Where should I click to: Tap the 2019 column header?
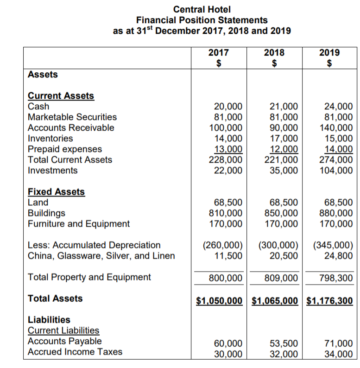(x=329, y=52)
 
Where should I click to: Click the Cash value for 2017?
(x=227, y=106)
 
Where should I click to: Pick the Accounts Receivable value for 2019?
(x=336, y=127)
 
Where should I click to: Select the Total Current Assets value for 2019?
(x=336, y=160)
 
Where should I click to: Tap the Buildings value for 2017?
(x=226, y=213)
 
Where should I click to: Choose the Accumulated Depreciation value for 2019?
(x=333, y=245)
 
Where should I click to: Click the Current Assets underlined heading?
(x=61, y=96)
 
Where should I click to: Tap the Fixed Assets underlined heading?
(x=56, y=192)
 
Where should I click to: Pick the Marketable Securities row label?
(x=72, y=117)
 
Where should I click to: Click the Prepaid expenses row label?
(x=65, y=149)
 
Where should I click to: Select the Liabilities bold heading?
(x=49, y=320)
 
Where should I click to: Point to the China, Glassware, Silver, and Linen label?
(x=101, y=255)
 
